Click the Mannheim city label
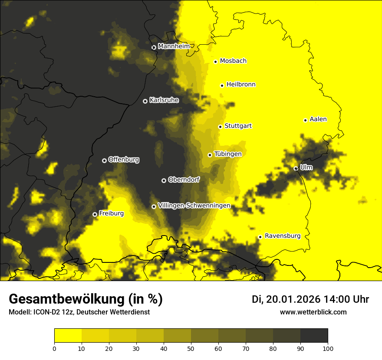[x=174, y=46]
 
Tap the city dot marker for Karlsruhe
[x=145, y=101]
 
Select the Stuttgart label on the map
[x=238, y=126]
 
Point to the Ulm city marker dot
[x=296, y=168]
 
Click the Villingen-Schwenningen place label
[x=194, y=206]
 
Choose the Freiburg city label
[x=111, y=213]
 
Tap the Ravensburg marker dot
[x=260, y=237]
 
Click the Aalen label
[x=318, y=119]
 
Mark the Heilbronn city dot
[x=222, y=85]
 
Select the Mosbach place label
[x=233, y=61]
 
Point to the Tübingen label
[x=227, y=154]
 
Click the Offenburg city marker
[x=104, y=160]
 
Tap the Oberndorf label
[x=184, y=180]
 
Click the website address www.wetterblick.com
[x=313, y=312]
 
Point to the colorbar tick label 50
[x=191, y=348]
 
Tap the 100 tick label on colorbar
[x=328, y=348]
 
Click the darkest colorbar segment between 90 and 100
[x=314, y=335]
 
